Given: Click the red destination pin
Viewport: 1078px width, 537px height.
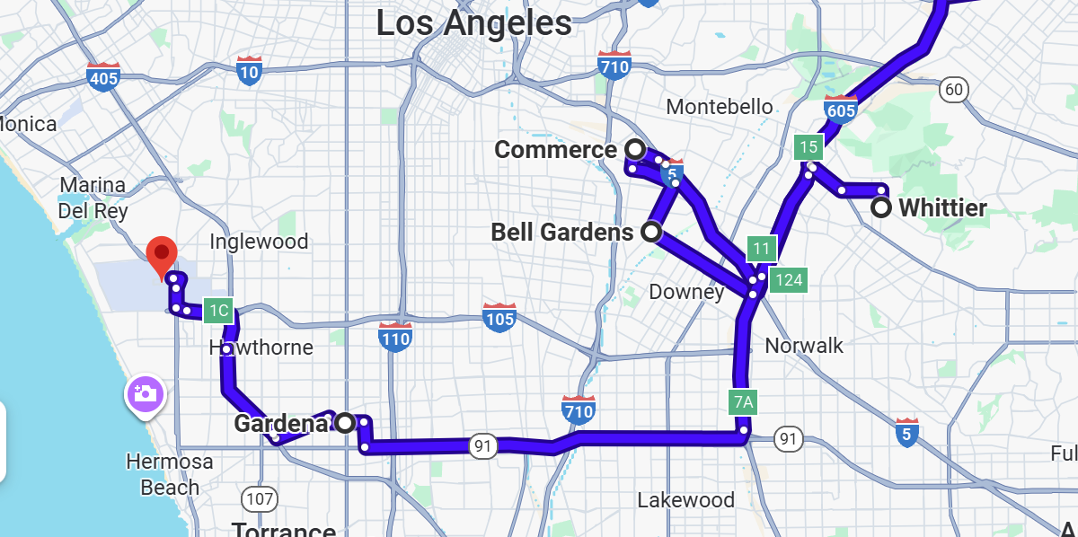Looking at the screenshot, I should click(162, 255).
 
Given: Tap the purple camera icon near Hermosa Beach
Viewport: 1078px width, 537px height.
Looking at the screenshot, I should click(145, 393).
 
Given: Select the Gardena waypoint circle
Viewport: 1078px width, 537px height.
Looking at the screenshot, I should click(345, 422).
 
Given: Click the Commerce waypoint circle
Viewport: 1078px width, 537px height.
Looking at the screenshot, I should click(635, 148).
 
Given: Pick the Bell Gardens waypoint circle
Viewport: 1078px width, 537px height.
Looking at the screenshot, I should click(651, 232).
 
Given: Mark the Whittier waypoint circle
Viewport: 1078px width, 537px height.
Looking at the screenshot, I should click(882, 208).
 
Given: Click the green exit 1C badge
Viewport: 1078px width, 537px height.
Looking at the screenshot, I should click(219, 312).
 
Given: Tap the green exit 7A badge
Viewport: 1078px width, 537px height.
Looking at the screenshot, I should click(744, 401).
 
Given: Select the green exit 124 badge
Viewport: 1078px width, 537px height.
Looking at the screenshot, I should click(789, 279).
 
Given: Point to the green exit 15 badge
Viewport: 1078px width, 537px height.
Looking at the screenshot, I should click(808, 147).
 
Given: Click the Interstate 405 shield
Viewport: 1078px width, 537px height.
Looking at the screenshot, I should click(104, 77).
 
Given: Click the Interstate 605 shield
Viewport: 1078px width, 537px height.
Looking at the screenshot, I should click(841, 109).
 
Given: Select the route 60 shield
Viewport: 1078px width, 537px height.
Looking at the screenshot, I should click(953, 89).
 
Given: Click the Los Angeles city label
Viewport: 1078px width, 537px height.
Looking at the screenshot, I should click(473, 23).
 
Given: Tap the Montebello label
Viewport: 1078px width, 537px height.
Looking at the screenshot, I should click(720, 107).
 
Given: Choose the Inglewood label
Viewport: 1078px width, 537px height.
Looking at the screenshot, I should click(259, 242).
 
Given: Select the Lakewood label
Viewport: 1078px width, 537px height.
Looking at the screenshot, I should click(685, 500).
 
